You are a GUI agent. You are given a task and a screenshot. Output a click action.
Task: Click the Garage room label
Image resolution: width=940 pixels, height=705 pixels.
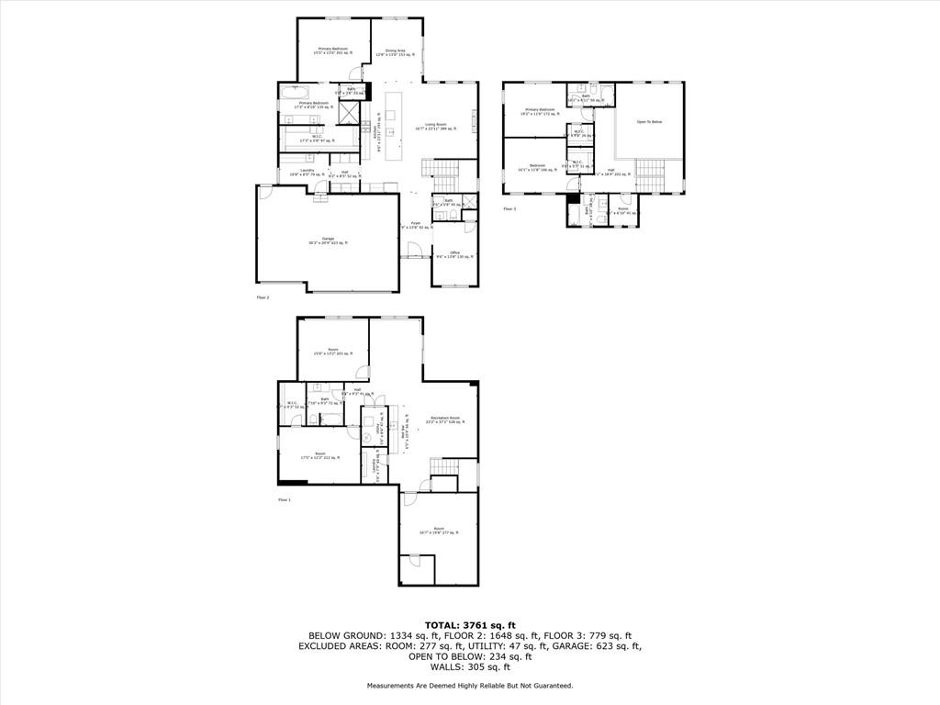point(328,241)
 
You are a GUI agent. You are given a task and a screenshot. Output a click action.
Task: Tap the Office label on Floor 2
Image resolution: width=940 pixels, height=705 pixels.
point(454,254)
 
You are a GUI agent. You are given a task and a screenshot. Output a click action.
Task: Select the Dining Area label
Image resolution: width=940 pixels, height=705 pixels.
point(396,52)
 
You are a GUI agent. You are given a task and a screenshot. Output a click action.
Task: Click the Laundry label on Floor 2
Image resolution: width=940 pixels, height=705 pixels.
point(296,171)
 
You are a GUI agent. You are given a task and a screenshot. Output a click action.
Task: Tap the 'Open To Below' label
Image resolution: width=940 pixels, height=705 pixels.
point(649,121)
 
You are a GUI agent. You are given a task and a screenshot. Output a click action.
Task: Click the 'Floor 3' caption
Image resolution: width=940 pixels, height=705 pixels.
point(509,209)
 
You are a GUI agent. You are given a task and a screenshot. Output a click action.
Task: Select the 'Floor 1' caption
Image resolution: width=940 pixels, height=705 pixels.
point(285,500)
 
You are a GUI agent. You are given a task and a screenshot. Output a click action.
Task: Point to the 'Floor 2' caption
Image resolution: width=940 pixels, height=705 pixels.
point(263,297)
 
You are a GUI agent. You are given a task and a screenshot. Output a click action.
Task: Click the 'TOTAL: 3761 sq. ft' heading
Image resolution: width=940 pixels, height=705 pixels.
point(469,625)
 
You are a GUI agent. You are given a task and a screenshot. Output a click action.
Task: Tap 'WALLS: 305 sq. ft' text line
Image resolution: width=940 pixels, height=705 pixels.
point(469,667)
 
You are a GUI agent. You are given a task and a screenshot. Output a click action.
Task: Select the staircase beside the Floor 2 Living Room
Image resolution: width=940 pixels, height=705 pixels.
point(439,168)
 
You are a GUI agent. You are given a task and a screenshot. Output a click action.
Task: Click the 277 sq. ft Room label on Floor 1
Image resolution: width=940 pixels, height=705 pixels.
point(439,530)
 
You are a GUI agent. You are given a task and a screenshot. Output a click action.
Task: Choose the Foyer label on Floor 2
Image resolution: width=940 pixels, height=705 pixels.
point(415,224)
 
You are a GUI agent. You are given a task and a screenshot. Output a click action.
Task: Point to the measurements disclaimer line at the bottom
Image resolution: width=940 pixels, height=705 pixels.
point(469,686)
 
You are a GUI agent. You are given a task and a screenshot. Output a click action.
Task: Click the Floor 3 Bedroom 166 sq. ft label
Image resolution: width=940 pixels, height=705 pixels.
point(537,168)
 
